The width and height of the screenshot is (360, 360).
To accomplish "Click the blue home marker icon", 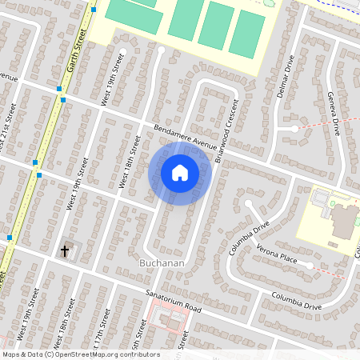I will click(x=180, y=172).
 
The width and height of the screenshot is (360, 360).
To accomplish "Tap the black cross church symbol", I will click(x=65, y=251).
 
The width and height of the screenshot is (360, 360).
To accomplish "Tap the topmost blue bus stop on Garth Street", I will click(x=94, y=10).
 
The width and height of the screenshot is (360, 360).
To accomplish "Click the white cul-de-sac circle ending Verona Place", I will click(x=310, y=265).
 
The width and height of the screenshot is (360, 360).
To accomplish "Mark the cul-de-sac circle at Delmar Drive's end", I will click(x=295, y=128).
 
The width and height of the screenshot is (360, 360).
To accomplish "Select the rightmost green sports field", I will click(x=247, y=33).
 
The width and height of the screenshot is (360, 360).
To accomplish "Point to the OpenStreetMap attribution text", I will click(x=80, y=354).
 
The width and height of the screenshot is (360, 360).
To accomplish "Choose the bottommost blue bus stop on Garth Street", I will click(x=9, y=238).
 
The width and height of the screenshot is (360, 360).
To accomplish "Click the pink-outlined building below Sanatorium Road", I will click(x=169, y=322).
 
